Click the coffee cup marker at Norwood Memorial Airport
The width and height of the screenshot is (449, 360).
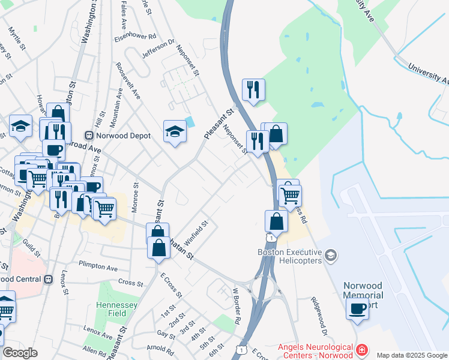pos(358,309)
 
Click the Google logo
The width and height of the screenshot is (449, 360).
pos(20,353)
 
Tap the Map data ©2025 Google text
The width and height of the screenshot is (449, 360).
pos(412,355)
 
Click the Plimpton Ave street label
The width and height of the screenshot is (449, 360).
pos(98,266)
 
